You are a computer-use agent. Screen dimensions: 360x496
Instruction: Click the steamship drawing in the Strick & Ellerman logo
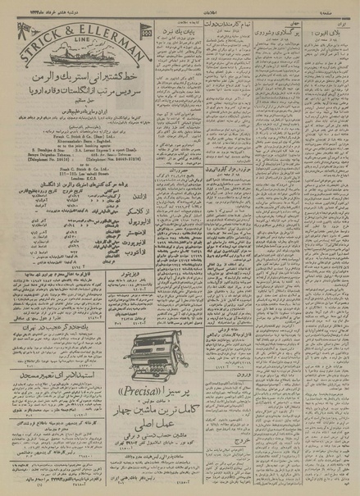click(75, 60)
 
